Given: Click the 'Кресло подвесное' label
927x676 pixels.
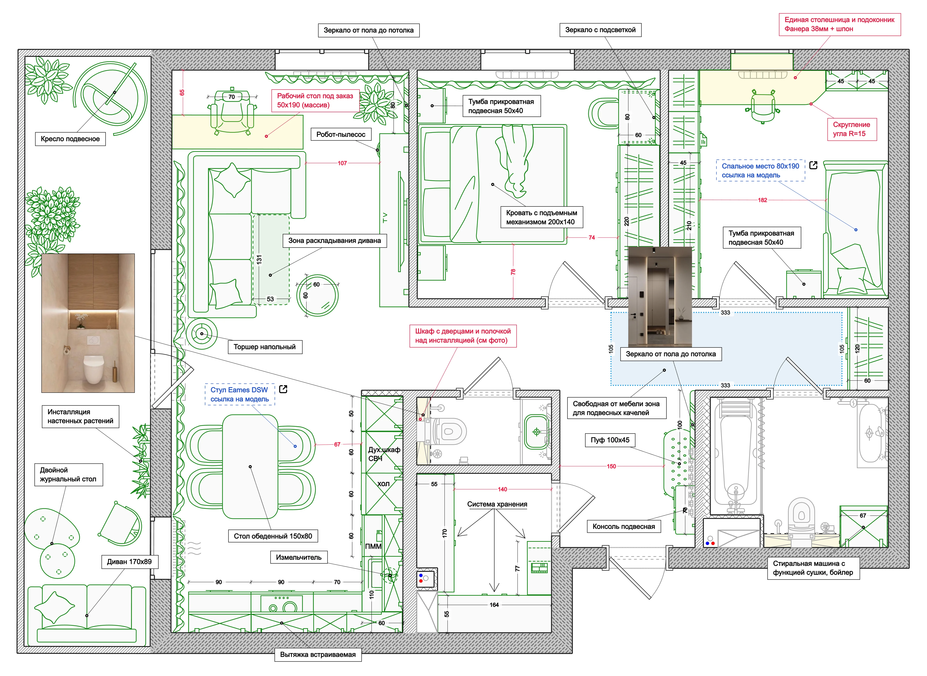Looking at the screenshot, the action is click(70, 139).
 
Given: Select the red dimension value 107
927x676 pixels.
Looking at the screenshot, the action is click(342, 163).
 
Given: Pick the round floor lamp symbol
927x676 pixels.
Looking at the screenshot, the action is click(202, 334).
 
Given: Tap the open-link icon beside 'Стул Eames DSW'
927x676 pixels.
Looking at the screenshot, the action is click(283, 389).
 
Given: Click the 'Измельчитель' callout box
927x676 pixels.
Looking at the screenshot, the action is click(299, 557).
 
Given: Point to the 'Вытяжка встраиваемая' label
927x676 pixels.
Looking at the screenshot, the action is click(318, 654).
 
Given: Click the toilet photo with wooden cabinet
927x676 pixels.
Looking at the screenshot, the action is click(88, 323).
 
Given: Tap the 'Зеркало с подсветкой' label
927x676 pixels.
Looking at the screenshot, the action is click(600, 30).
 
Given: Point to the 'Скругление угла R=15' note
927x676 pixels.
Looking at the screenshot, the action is click(852, 129).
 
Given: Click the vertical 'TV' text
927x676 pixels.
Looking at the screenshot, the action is click(385, 218).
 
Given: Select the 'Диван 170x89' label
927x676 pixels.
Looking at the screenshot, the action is click(129, 561).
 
